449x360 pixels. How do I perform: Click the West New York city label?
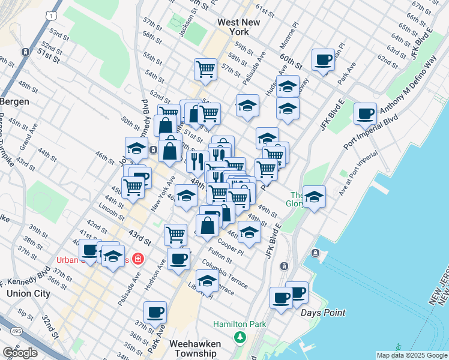238,26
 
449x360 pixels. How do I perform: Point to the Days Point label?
322,313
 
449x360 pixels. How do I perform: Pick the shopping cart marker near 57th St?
205,68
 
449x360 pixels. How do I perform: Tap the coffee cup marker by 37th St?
155,312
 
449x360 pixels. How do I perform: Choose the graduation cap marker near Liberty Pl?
207,280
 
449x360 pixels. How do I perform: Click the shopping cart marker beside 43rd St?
175,234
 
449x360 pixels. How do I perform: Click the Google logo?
20,353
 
